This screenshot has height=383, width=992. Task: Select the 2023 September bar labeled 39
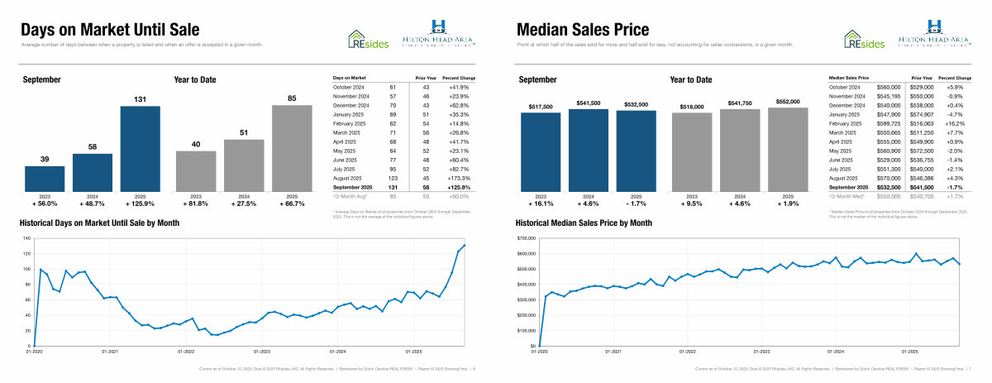pos(45,179)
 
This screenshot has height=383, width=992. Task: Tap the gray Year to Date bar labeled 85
pos(293,148)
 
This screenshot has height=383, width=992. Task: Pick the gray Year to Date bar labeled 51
pos(244,165)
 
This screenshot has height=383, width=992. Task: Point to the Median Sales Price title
pos(583,30)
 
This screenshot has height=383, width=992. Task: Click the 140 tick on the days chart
pos(26,239)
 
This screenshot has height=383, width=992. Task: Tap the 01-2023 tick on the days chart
pos(261,352)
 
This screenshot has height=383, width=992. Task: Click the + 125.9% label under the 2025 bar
pos(141,203)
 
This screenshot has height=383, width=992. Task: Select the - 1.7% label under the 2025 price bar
pos(637,203)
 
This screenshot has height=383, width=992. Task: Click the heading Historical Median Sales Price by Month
pos(584,223)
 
